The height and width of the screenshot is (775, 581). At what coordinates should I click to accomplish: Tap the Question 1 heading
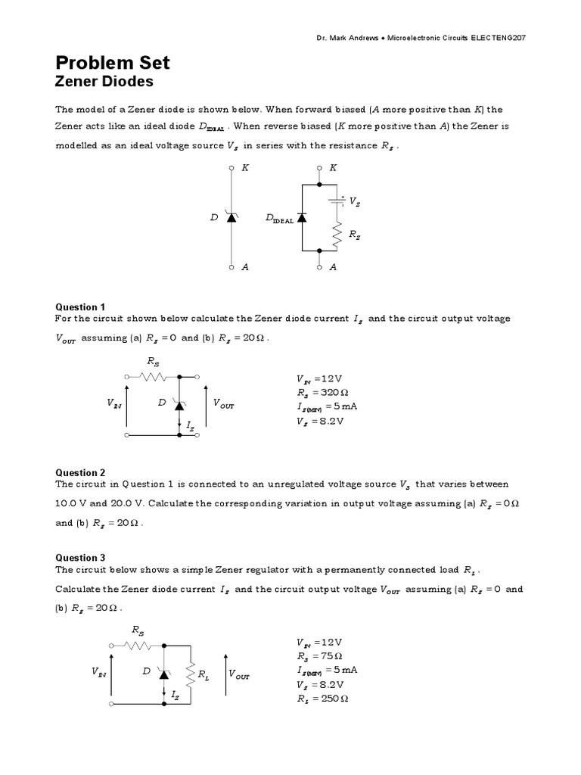[81, 307]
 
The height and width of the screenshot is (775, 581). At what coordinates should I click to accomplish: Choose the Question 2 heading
[81, 472]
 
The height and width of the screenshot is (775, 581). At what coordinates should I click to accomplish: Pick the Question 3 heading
[81, 558]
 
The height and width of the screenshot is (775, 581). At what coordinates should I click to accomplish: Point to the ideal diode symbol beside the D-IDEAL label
[302, 217]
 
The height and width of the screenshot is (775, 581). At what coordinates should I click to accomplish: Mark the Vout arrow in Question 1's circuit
[207, 405]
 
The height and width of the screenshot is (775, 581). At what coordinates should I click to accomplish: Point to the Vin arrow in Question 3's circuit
[112, 672]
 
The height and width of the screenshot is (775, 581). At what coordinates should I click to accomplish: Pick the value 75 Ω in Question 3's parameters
[331, 656]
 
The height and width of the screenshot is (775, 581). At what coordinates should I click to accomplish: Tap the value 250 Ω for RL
[334, 699]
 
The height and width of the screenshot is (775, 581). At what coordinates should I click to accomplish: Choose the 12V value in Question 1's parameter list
[331, 379]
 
